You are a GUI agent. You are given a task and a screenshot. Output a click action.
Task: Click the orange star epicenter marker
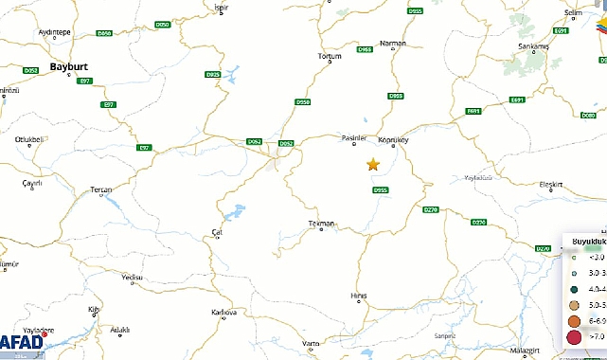pos(373,165)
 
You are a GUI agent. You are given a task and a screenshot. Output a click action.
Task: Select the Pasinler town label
pos(353,137)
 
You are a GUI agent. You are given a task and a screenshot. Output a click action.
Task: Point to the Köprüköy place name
pos(393,140)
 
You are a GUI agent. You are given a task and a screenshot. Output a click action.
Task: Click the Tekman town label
pos(323,224)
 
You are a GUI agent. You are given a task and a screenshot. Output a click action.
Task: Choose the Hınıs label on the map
pos(359,296)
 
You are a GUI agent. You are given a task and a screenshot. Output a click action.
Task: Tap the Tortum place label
pos(330,56)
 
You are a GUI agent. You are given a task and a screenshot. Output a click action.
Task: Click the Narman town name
pos(392,44)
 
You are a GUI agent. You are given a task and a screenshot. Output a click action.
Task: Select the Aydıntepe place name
pos(54,31)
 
